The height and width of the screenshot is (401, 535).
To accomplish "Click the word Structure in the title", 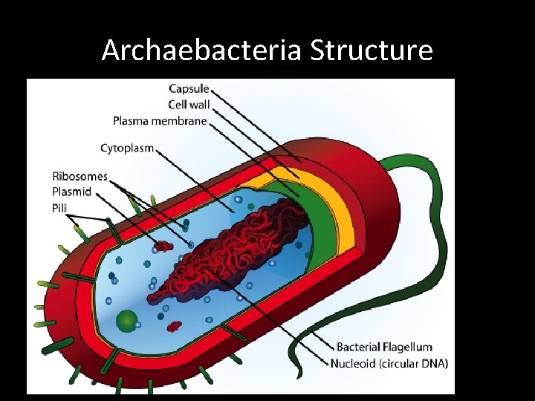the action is pos(371,51).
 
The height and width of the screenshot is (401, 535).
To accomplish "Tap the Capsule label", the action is pos(189,89).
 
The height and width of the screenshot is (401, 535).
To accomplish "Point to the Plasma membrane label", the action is pos(160,120).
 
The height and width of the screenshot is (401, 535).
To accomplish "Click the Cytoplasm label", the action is pos(127,148).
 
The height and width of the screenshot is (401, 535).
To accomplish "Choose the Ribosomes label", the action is pos(80,177).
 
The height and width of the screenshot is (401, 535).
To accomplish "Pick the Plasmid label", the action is pos(71,192).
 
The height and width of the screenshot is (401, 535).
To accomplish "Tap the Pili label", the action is pos(59,207).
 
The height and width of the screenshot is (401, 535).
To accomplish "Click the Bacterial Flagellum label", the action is pos(384,348).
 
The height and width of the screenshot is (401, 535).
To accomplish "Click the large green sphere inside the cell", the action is pos(128,321).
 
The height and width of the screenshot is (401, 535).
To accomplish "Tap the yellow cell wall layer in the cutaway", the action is pos(331,200).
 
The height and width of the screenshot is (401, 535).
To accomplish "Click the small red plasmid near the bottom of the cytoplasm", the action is pos(174,326).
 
